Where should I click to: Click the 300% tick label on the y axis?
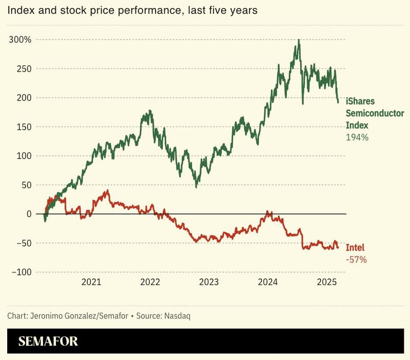click(x=19, y=40)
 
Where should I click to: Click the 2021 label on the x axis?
click(x=91, y=282)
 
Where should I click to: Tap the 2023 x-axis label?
click(x=209, y=282)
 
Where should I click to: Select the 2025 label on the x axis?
click(x=326, y=282)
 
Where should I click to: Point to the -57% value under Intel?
click(x=357, y=260)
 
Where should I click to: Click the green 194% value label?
click(x=358, y=137)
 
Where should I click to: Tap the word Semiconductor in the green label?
click(x=375, y=113)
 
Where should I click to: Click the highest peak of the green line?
click(x=299, y=40)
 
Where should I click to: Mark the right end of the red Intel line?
click(x=338, y=248)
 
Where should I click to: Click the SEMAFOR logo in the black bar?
click(x=48, y=342)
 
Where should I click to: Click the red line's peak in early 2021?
click(x=107, y=191)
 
